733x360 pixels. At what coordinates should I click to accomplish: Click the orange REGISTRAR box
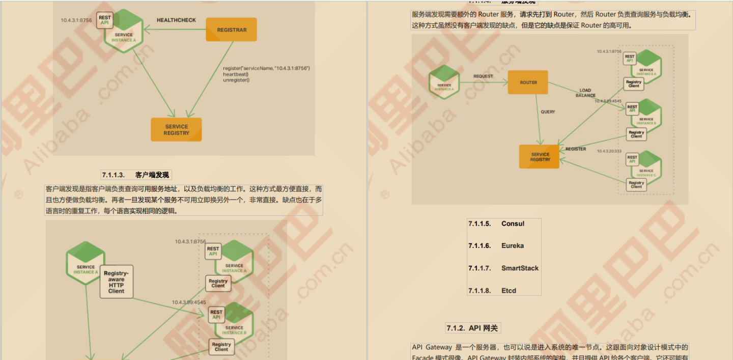point(231,30)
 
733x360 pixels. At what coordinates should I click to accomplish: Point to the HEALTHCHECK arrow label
point(176,20)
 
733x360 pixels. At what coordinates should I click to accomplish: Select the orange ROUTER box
point(528,82)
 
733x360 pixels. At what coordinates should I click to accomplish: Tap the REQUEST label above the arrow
point(483,76)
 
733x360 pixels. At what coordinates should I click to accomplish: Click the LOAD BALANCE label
point(585,93)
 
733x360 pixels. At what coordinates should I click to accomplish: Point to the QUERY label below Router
point(548,112)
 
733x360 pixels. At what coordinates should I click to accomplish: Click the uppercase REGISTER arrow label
point(576,149)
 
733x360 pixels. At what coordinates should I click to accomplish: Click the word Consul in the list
point(513,224)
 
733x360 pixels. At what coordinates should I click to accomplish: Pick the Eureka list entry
point(513,246)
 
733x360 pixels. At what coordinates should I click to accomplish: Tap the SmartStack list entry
point(520,268)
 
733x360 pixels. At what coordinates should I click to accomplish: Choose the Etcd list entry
point(509,291)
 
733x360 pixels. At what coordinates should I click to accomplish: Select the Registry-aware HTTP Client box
point(116,282)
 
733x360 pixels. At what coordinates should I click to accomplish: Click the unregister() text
point(236,80)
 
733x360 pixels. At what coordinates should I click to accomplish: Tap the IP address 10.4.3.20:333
point(609,151)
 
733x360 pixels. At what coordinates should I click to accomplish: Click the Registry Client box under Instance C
point(636,184)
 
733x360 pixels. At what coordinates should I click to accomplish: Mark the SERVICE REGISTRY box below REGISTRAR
point(176,130)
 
